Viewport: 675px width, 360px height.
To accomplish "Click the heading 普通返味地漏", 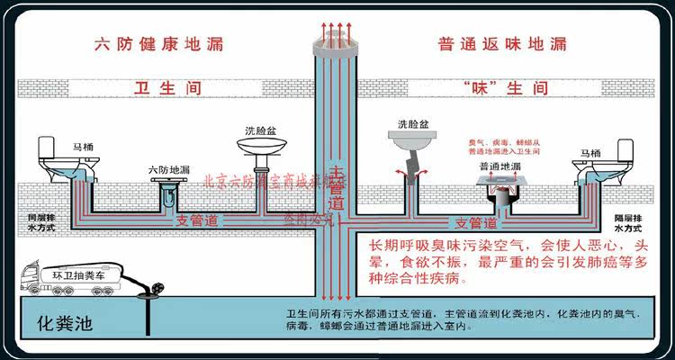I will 502,44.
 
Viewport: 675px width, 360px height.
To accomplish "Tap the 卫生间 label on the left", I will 167,89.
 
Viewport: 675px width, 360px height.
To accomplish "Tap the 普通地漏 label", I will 499,166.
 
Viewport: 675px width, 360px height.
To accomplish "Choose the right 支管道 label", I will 476,222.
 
